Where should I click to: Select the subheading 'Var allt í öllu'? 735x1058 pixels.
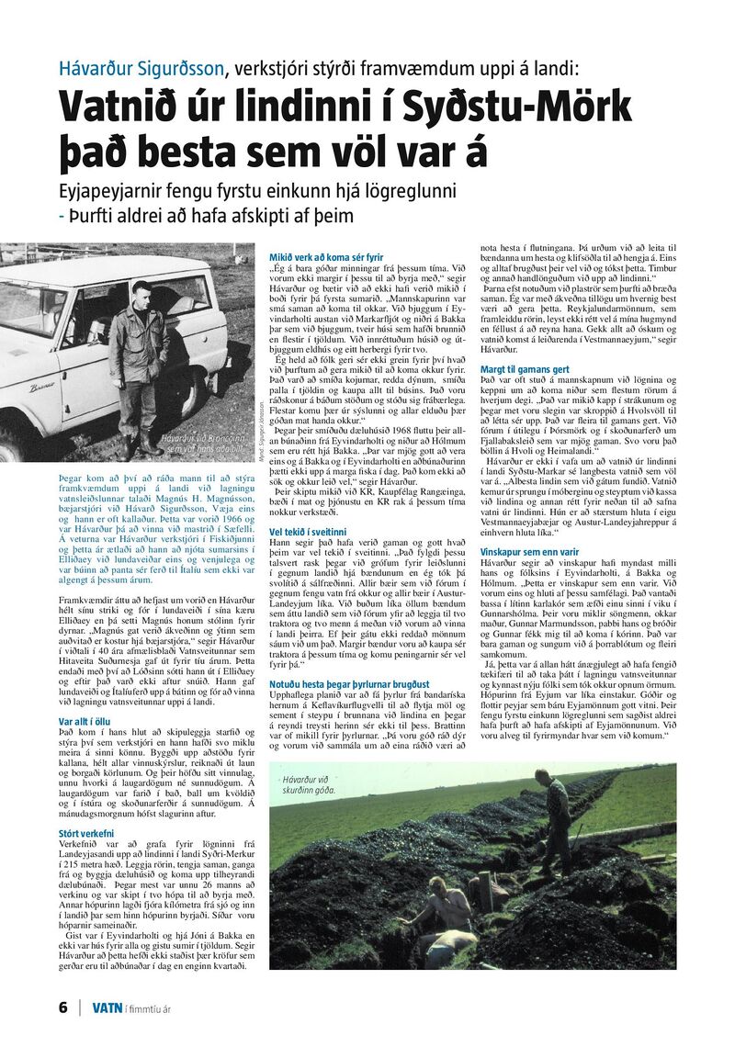pyautogui.click(x=85, y=721)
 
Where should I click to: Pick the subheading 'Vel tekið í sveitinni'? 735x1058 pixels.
pyautogui.click(x=308, y=531)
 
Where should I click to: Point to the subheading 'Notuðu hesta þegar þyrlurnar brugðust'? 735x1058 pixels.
pyautogui.click(x=349, y=659)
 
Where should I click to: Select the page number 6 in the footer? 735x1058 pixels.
pyautogui.click(x=63, y=1007)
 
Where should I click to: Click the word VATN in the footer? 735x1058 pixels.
pyautogui.click(x=107, y=1007)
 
